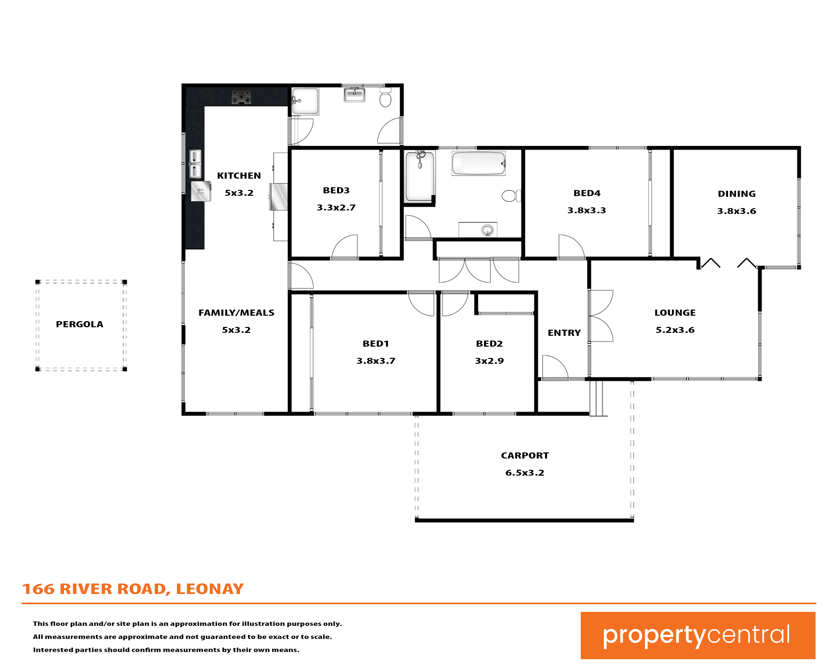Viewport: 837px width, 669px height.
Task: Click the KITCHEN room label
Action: coord(239,176)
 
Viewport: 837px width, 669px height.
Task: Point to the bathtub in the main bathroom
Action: coord(479,163)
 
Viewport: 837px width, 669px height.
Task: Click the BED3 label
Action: coord(336,190)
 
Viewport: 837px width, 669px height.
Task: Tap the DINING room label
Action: coord(736,194)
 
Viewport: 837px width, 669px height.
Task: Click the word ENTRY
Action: coord(564,333)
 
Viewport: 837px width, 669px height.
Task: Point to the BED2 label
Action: coord(489,344)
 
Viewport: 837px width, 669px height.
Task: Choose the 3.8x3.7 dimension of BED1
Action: coord(376,361)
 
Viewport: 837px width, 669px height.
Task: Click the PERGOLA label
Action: coord(80,324)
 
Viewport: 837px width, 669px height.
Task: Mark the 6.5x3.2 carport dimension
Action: coord(525,473)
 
